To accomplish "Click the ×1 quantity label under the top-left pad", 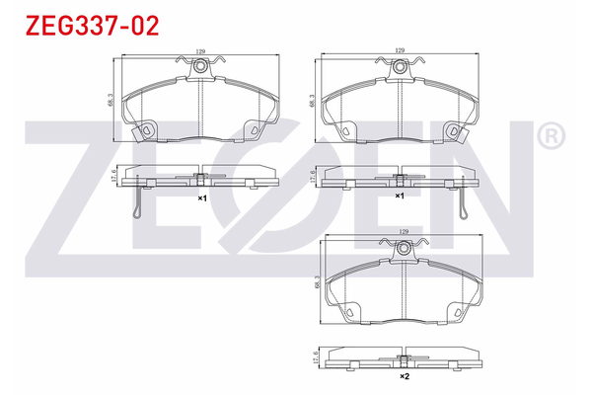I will pos(201,197).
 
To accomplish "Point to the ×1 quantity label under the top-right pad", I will pos(400,197).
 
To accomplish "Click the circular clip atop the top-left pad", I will pos(201,67).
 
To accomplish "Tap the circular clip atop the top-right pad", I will pos(401,67).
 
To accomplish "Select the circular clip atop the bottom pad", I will pos(403,248).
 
